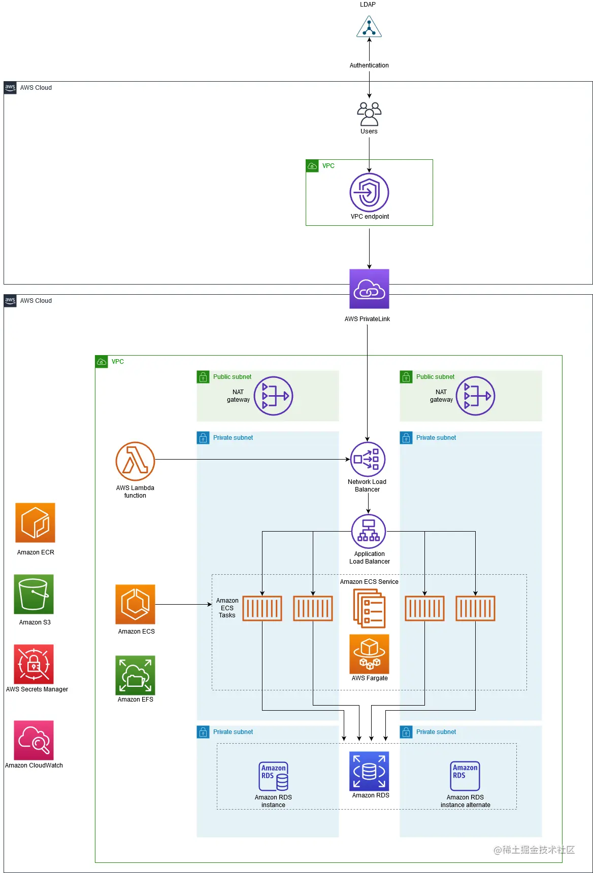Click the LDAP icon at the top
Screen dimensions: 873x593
pyautogui.click(x=369, y=27)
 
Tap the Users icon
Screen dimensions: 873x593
pyautogui.click(x=369, y=114)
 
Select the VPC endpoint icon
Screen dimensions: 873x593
pyautogui.click(x=369, y=193)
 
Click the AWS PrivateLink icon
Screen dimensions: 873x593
pyautogui.click(x=369, y=289)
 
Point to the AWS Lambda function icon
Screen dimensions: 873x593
pyautogui.click(x=135, y=461)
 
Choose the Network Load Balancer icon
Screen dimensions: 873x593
pyautogui.click(x=368, y=460)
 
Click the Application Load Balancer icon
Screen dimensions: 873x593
pyautogui.click(x=369, y=532)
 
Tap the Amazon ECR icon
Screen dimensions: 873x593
pyautogui.click(x=35, y=522)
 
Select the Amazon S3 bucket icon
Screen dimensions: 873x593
pyautogui.click(x=34, y=594)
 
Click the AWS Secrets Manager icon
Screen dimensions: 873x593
pyautogui.click(x=34, y=664)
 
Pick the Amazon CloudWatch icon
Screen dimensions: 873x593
pyautogui.click(x=34, y=740)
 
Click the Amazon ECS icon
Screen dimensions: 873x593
pyautogui.click(x=135, y=604)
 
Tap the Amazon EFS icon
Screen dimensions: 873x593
pyautogui.click(x=135, y=675)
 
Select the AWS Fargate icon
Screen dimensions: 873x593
pyautogui.click(x=369, y=654)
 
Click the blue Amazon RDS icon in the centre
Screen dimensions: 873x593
pyautogui.click(x=369, y=771)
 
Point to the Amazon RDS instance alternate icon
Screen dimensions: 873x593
pyautogui.click(x=465, y=776)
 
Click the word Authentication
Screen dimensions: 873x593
pyautogui.click(x=369, y=65)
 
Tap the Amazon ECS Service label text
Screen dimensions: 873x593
pyautogui.click(x=369, y=582)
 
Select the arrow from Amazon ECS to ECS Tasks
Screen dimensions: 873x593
pyautogui.click(x=183, y=604)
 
